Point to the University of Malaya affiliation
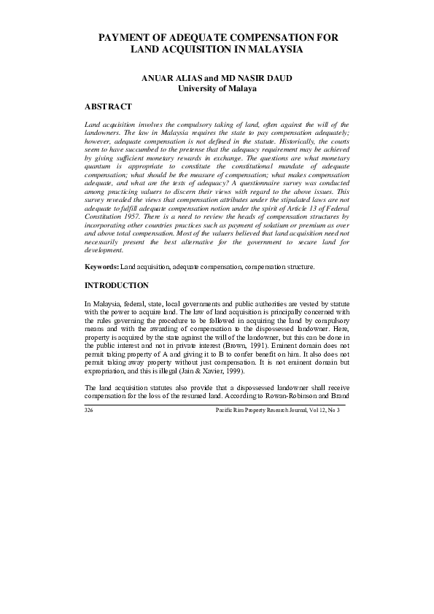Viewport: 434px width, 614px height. [x=217, y=89]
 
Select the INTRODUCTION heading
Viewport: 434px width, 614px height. [x=117, y=284]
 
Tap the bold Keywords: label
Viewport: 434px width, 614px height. [x=101, y=267]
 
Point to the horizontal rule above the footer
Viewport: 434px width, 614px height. [x=217, y=404]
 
